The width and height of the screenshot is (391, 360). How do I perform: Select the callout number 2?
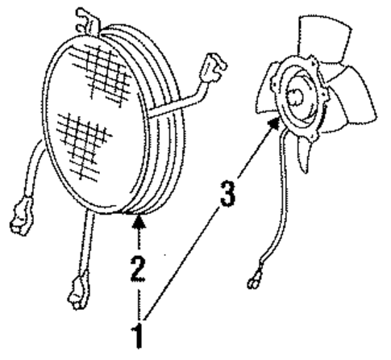click(x=139, y=270)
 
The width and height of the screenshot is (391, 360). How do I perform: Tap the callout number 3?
click(x=227, y=194)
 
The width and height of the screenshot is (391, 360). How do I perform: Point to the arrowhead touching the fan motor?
click(x=275, y=123)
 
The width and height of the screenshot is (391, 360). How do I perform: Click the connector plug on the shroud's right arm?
click(x=214, y=68)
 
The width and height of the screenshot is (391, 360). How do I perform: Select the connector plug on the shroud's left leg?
click(x=22, y=216)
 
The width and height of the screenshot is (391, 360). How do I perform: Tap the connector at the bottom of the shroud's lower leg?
click(x=78, y=291)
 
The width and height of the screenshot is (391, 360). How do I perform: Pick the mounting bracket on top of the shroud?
click(x=87, y=22)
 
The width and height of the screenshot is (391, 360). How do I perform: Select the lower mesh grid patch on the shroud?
click(x=83, y=144)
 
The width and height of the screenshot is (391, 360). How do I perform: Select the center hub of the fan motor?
click(x=295, y=96)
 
